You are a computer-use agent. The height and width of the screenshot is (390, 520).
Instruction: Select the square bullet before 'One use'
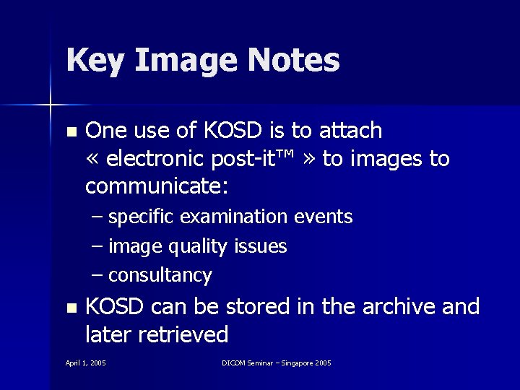point(70,132)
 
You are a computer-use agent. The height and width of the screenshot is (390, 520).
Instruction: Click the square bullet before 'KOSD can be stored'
point(70,308)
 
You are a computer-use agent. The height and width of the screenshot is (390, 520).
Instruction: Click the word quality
point(199,247)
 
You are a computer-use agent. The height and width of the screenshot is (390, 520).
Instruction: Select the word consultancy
point(160,276)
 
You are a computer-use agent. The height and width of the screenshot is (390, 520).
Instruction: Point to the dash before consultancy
point(97,276)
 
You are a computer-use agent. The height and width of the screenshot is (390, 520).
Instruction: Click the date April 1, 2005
point(86,363)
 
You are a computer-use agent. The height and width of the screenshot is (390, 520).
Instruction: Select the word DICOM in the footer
point(233,363)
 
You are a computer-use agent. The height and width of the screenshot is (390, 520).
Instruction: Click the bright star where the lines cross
point(51,105)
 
